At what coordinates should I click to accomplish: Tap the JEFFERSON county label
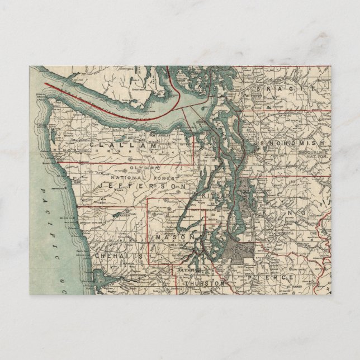(x=143, y=184)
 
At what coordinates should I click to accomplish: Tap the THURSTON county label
(x=203, y=284)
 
